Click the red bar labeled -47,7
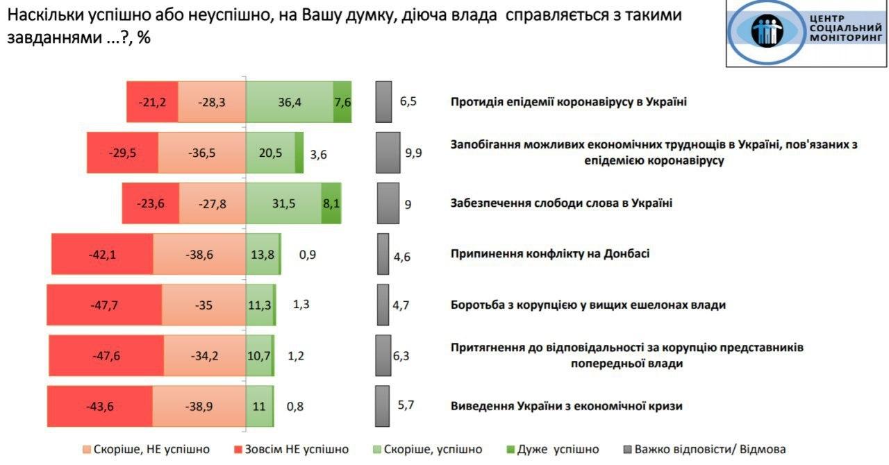[x=104, y=304]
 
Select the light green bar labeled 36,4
[x=290, y=102]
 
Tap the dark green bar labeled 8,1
[x=331, y=203]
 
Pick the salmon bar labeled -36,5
[x=202, y=153]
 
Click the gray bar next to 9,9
[x=388, y=153]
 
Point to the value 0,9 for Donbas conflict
[x=307, y=254]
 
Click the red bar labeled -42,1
[x=102, y=254]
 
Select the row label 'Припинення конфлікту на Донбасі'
[x=550, y=254]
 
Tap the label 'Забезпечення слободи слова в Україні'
[x=561, y=203]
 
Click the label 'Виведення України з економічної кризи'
[x=566, y=406]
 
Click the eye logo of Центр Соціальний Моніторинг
[x=765, y=31]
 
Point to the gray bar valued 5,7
[x=382, y=405]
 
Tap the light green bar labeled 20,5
[x=270, y=153]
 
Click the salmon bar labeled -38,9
[x=199, y=405]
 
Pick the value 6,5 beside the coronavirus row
[x=408, y=102]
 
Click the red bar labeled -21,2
[x=152, y=102]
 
